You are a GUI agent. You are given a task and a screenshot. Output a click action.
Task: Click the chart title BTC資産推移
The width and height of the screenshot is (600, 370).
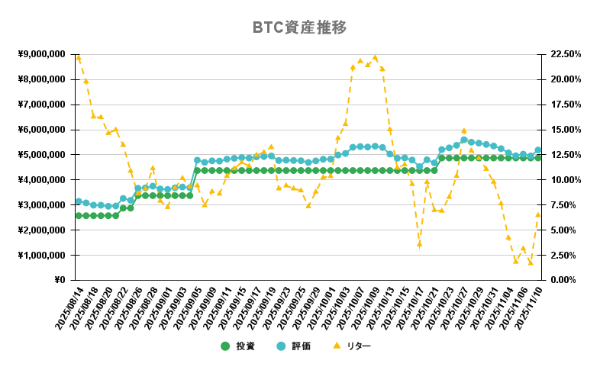(x=300, y=28)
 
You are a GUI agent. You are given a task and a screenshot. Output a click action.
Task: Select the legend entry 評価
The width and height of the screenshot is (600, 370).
(x=301, y=346)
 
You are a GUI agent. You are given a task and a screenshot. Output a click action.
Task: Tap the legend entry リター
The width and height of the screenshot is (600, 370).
(x=358, y=346)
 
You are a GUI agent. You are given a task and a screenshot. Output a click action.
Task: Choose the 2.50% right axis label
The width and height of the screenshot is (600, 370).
(x=563, y=255)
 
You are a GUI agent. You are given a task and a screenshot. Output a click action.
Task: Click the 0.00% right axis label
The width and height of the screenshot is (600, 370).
(x=563, y=280)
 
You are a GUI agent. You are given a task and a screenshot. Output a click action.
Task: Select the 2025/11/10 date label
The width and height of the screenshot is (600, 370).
(x=528, y=308)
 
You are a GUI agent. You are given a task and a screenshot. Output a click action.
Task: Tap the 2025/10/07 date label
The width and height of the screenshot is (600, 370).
(x=350, y=308)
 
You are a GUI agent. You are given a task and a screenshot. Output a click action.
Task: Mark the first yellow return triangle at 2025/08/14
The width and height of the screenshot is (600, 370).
(x=79, y=58)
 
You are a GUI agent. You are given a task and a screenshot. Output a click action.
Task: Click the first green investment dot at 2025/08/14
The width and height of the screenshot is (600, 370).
(x=79, y=216)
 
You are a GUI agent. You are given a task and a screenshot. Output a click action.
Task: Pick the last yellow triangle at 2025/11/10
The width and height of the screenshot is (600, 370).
(x=537, y=214)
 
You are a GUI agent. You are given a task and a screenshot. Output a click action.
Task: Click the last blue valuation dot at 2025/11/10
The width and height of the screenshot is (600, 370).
(x=537, y=150)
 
